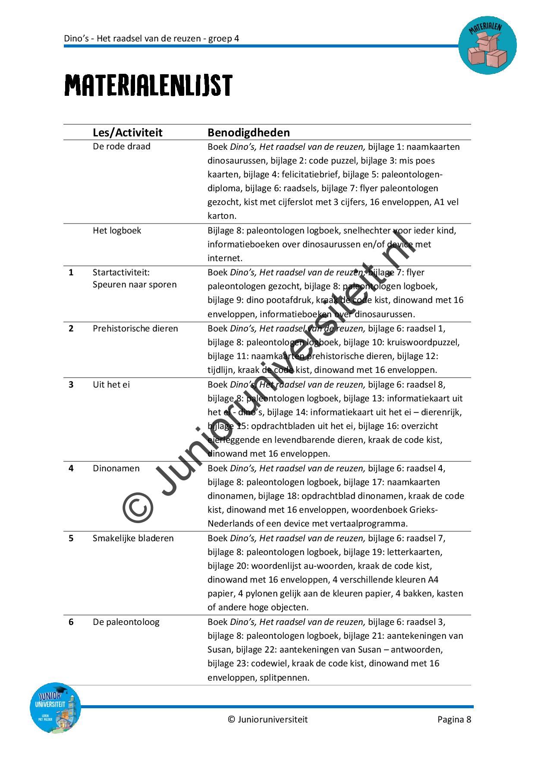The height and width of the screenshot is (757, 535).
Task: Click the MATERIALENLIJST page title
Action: [x=148, y=85]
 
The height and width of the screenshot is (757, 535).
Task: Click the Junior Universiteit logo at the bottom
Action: [x=55, y=708]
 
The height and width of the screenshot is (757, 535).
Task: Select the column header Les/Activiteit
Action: [x=127, y=132]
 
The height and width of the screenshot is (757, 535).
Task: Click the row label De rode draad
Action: [x=121, y=146]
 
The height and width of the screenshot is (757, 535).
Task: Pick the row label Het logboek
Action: [x=116, y=230]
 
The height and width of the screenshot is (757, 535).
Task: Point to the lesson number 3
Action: [x=71, y=385]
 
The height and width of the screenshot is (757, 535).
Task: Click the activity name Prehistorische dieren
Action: [x=135, y=328]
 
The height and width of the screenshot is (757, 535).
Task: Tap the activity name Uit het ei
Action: [x=111, y=385]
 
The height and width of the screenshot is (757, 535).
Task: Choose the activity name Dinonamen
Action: [x=116, y=468]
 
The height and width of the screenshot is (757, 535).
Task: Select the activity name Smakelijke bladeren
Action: [x=133, y=538]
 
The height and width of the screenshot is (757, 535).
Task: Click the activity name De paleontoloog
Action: [x=126, y=622]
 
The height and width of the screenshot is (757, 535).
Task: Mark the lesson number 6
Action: [x=71, y=622]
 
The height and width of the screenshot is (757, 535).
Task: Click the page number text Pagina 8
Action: [x=454, y=719]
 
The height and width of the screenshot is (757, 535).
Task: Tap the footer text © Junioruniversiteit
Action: [x=267, y=719]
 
